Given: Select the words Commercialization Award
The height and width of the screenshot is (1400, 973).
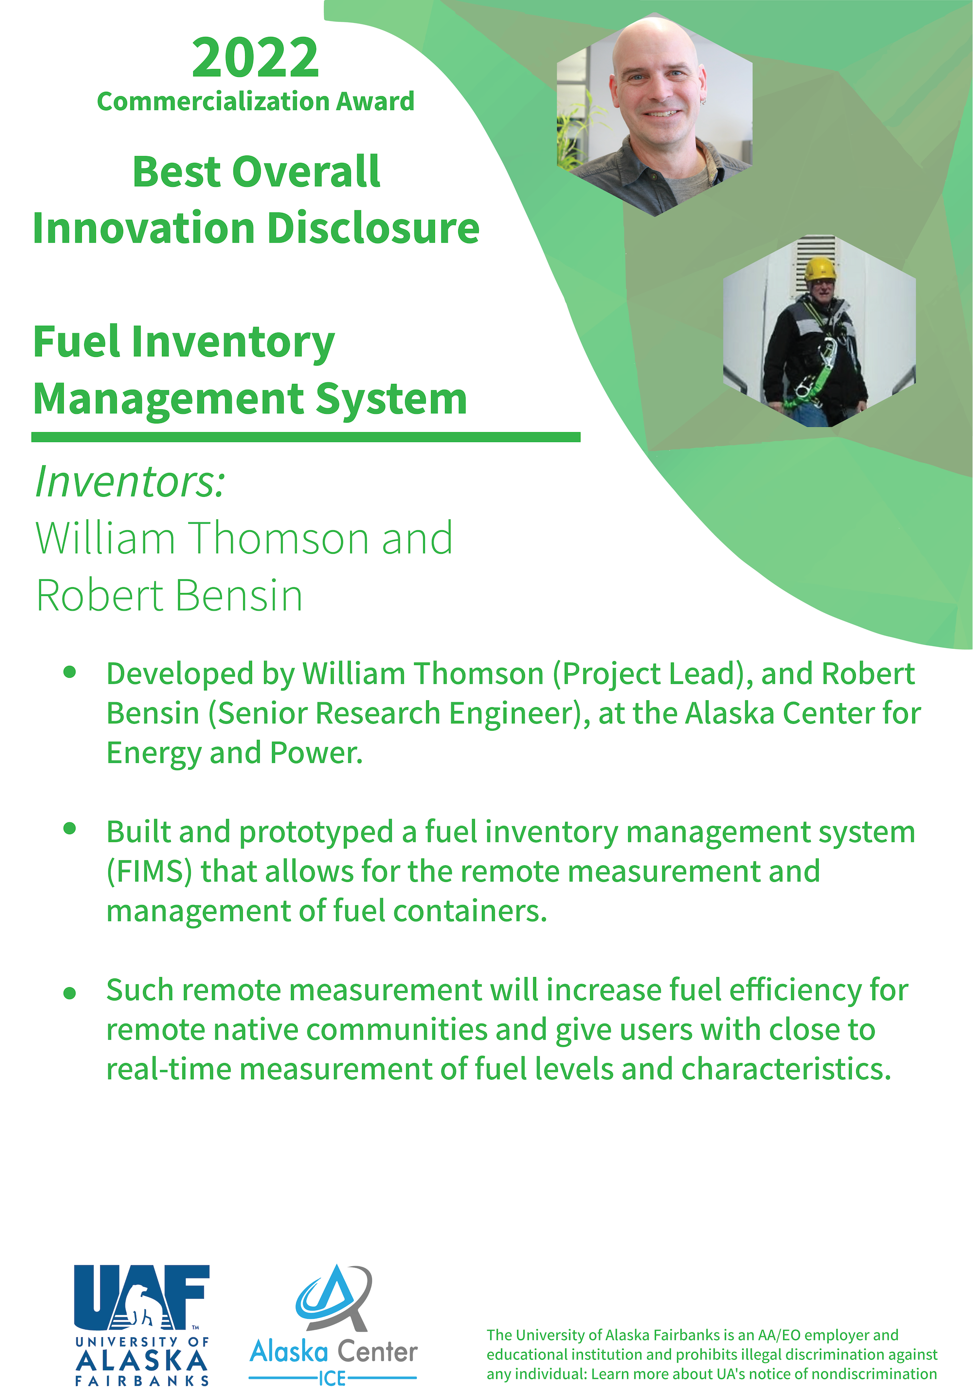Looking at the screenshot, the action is [x=255, y=101].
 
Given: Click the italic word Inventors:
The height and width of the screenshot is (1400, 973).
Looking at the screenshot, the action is [x=130, y=482].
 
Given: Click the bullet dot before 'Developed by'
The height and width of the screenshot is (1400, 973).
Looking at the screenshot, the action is [x=70, y=672].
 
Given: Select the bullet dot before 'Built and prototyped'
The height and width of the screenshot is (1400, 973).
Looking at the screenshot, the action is [x=70, y=828].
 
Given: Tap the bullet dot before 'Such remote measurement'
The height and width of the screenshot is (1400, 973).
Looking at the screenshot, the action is [x=70, y=993].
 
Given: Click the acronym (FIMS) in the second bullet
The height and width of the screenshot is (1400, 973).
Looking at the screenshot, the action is [x=149, y=872].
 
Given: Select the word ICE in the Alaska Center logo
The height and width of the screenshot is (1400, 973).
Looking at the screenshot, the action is [x=332, y=1378].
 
